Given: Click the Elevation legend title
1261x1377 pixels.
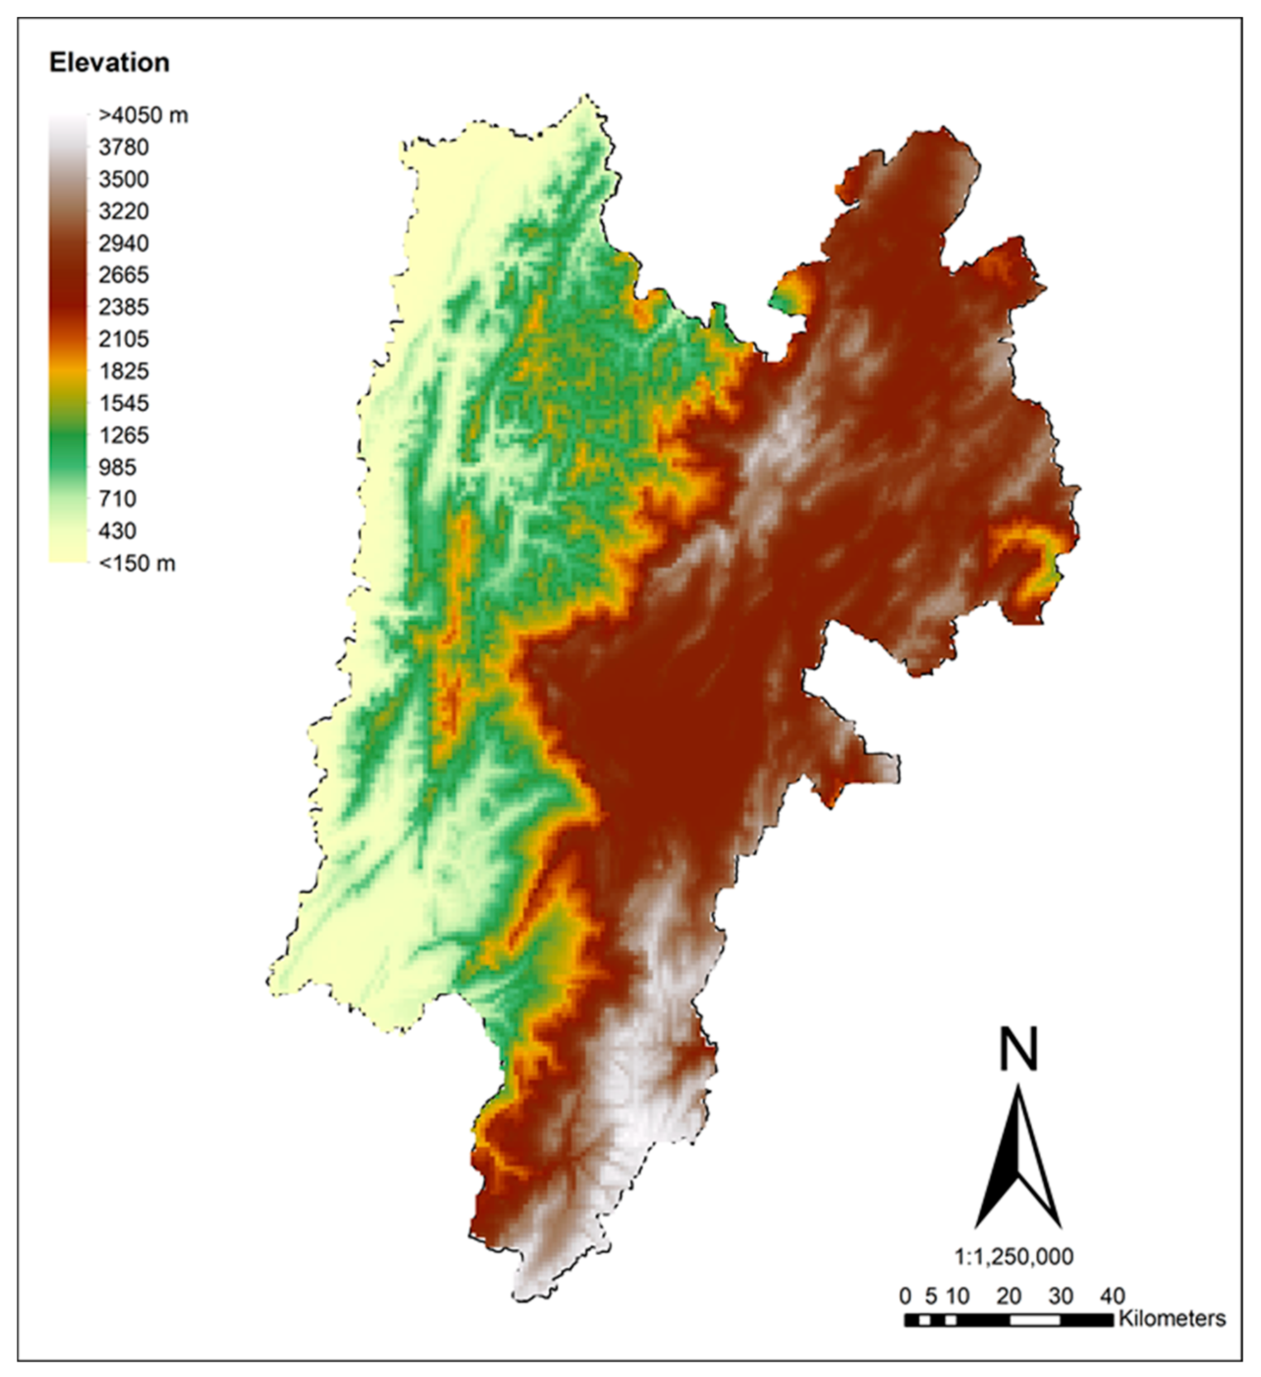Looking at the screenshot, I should pos(109,63).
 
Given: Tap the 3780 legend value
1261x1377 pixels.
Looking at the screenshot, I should pos(124,148).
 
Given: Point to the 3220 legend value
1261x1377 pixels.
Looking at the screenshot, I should pos(124,211).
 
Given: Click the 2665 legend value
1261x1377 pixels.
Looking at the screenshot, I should pos(124,275).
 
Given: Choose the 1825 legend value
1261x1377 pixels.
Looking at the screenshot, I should pos(124,371).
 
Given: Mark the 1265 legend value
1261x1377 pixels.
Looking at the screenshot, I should pos(124,435).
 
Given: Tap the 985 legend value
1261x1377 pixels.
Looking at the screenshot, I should pos(117,467).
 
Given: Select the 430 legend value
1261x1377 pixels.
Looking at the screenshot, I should pos(117,530).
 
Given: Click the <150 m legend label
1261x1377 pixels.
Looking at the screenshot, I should pos(136,563).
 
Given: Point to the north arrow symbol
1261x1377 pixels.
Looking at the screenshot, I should pos(1018,1161).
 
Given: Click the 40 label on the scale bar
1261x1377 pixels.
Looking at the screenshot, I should pos(1113,1296).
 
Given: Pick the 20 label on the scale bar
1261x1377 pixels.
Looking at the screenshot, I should pos(1009,1296).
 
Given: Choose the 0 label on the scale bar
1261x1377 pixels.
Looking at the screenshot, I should pos(905,1296).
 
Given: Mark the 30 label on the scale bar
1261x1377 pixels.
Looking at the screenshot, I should pos(1061,1296).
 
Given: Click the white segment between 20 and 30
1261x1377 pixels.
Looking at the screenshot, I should pos(1035,1320).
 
